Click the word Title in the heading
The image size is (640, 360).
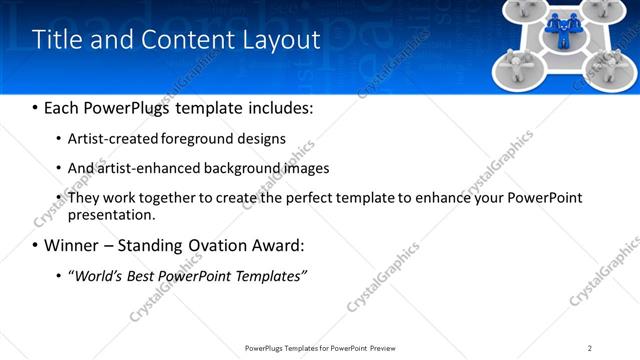58,40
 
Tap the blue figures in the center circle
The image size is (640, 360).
565,27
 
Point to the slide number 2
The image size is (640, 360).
590,348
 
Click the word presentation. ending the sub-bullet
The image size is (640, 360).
111,214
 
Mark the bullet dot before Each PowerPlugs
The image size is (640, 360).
35,108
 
